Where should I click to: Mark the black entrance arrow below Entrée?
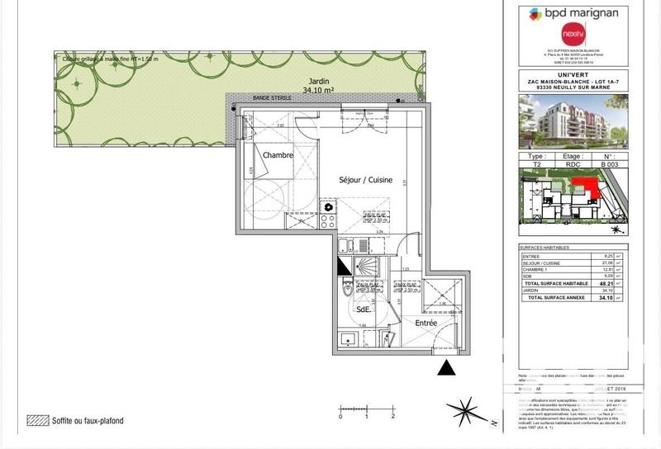click(x=447, y=367)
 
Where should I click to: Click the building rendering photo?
click(x=573, y=121)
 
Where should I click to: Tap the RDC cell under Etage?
click(x=573, y=164)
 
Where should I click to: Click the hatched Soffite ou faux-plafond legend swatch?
click(x=36, y=420)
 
